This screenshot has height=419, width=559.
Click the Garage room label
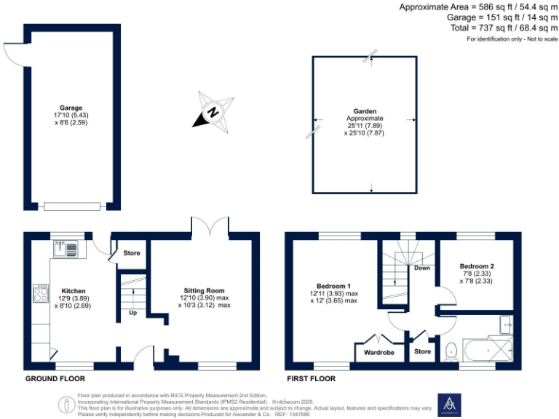pyautogui.click(x=71, y=108)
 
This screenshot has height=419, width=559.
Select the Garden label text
pyautogui.click(x=365, y=111)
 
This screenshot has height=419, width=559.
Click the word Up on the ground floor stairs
pyautogui.click(x=132, y=314)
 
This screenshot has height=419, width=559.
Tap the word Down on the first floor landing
pyautogui.click(x=421, y=268)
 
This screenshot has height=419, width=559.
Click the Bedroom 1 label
pyautogui.click(x=334, y=285)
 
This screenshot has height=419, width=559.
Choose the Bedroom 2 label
pyautogui.click(x=477, y=266)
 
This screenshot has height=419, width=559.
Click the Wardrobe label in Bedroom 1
pyautogui.click(x=378, y=353)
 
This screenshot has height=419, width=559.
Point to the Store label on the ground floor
pyautogui.click(x=132, y=253)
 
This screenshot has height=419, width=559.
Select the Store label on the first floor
pyautogui.click(x=422, y=351)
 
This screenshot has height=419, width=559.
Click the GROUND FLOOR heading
pyautogui.click(x=55, y=379)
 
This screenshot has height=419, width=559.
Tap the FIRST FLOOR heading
pyautogui.click(x=311, y=379)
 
